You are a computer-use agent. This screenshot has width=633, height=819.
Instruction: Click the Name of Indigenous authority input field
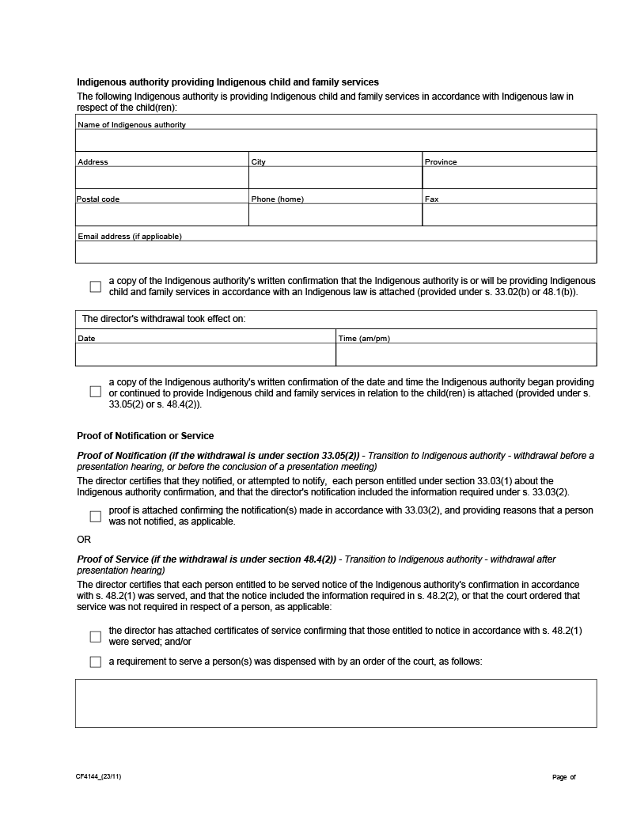pos(335,140)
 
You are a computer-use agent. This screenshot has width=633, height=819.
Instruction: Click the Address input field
pos(162,177)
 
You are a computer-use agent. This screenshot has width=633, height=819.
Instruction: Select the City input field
pos(335,177)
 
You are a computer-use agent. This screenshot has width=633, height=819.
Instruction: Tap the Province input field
pos(510,177)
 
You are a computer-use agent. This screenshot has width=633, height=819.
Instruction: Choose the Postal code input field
pos(162,214)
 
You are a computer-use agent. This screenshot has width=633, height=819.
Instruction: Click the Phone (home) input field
pos(335,214)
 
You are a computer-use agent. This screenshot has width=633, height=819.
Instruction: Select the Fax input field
pos(510,214)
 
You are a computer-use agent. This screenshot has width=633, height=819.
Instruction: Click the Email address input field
pos(335,252)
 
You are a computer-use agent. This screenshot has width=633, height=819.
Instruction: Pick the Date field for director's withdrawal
pos(206,355)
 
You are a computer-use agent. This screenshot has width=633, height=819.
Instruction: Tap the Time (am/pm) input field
pos(466,355)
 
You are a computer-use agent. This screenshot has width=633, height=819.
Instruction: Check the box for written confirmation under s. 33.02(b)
pos(96,286)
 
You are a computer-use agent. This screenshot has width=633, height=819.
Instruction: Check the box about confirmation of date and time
pos(96,392)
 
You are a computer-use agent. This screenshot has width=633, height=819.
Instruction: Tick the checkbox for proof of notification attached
pos(96,517)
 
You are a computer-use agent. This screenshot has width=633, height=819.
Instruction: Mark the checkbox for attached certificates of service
pos(96,637)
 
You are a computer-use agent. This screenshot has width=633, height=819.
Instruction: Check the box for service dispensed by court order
pos(96,662)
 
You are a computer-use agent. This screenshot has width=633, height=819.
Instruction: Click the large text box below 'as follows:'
pos(335,703)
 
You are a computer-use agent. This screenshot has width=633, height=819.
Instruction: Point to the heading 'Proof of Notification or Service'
pos(145,436)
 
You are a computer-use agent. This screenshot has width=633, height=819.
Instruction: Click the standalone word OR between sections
pos(84,540)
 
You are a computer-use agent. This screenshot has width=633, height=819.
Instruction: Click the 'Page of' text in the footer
pos(564,777)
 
